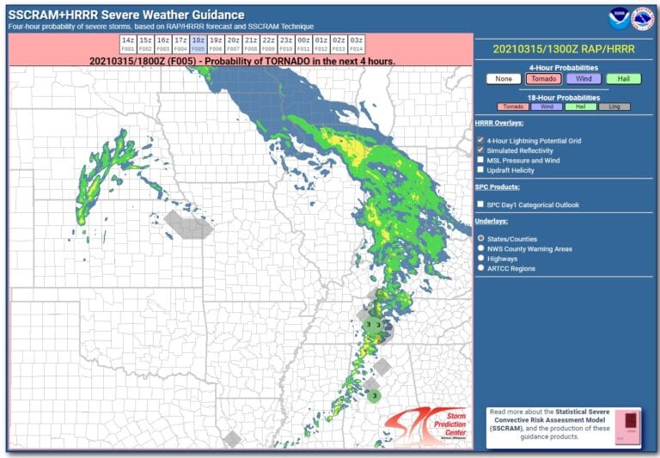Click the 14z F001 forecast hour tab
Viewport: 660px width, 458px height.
127,45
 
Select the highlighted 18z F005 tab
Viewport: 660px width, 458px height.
198,45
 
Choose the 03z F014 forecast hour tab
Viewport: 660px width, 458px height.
356,45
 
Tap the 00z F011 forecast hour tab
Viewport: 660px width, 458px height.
303,45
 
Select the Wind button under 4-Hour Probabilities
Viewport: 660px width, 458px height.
584,79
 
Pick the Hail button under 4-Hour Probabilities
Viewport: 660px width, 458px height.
623,79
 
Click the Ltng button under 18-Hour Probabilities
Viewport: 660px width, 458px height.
614,107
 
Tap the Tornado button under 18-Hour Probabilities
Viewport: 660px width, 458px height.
513,107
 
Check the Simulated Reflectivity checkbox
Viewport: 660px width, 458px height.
480,150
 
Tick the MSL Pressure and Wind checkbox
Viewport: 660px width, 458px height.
480,160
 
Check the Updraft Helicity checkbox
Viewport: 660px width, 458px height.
480,170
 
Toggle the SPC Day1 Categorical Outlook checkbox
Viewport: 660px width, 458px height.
480,205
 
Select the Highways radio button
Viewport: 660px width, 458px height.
480,258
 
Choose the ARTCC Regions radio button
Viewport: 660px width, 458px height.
480,268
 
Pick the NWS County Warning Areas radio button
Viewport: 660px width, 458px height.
480,247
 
